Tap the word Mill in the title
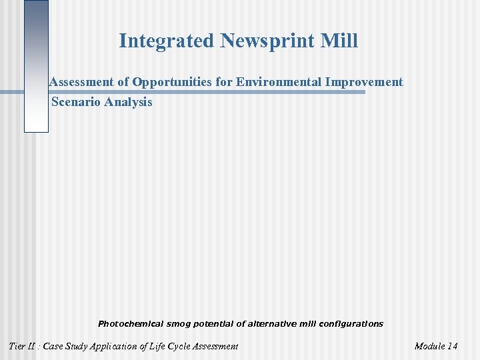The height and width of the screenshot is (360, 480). [339, 41]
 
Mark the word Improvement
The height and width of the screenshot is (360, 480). [365, 82]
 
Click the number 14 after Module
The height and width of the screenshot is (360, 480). [452, 346]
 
